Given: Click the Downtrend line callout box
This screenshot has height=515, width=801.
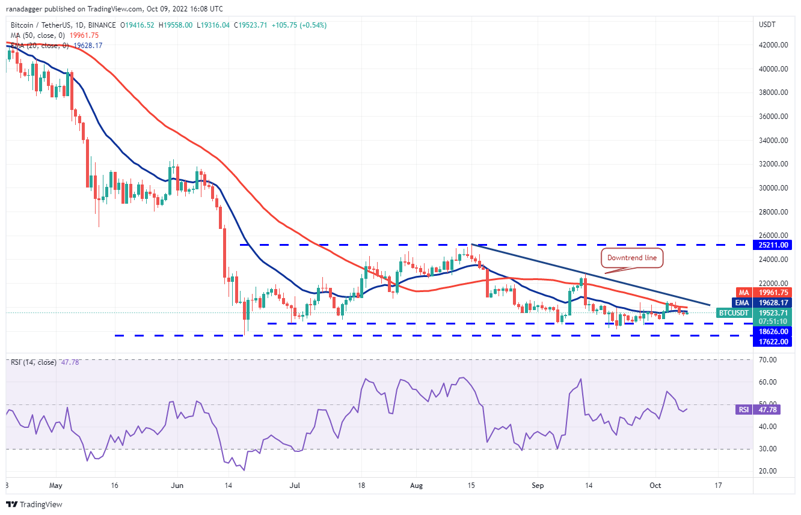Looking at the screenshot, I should pyautogui.click(x=633, y=258).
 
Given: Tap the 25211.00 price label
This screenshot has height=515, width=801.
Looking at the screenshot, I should pyautogui.click(x=773, y=245).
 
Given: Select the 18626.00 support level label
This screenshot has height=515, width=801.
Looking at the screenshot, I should pyautogui.click(x=773, y=331).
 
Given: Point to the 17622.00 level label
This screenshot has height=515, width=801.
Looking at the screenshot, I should pyautogui.click(x=773, y=342).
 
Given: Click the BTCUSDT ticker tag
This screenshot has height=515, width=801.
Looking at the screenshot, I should pyautogui.click(x=734, y=313).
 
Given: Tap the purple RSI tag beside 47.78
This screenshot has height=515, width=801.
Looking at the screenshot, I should pyautogui.click(x=743, y=410).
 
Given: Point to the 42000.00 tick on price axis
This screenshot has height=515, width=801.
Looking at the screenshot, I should pyautogui.click(x=773, y=45).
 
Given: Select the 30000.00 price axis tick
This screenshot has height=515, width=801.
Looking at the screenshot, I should pyautogui.click(x=773, y=188).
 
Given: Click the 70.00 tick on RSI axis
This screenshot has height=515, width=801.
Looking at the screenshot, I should pyautogui.click(x=767, y=360).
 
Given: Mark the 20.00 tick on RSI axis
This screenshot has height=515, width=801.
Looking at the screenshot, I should pyautogui.click(x=767, y=471).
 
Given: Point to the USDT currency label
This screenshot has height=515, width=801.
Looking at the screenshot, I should pyautogui.click(x=767, y=25).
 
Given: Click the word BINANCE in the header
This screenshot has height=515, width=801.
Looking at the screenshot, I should pyautogui.click(x=102, y=25).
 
